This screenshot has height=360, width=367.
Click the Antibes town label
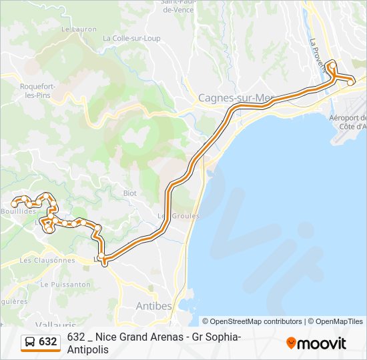pos(153,306)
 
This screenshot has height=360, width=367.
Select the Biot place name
pos(129,193)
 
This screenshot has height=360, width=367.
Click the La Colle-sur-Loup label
pos(131,39)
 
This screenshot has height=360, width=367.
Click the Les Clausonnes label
pos(47,260)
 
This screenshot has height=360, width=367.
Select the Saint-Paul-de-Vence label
pos(177,7)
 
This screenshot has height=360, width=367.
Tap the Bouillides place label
pos(18,211)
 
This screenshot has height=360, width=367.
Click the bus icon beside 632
pos(30,342)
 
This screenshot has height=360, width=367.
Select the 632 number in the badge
pos(48,342)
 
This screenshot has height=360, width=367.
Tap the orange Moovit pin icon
pos(291,343)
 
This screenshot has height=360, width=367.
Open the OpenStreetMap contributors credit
pos(252,321)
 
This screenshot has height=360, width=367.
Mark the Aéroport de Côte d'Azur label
pos(348,121)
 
